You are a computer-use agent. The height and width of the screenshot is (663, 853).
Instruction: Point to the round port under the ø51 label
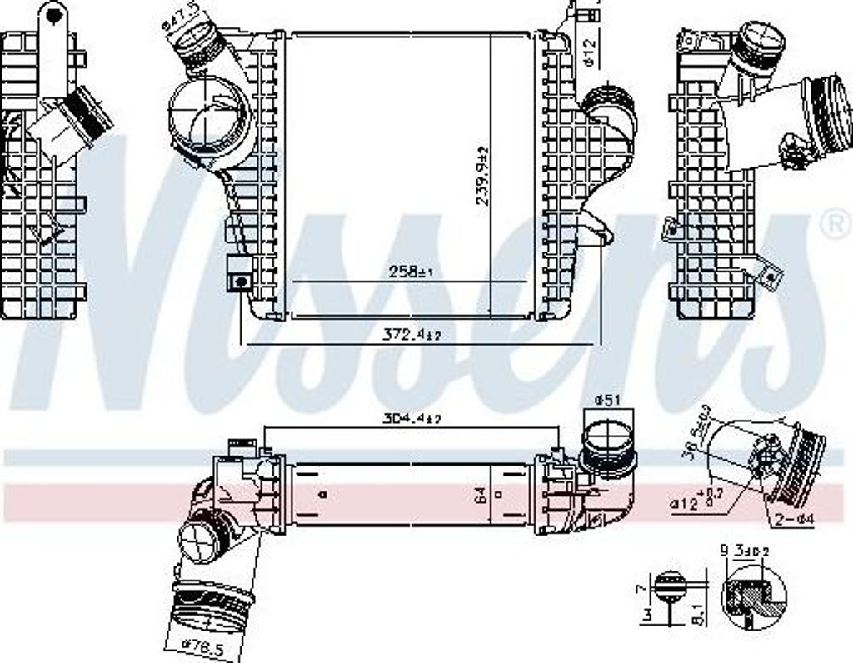click(606, 446)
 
